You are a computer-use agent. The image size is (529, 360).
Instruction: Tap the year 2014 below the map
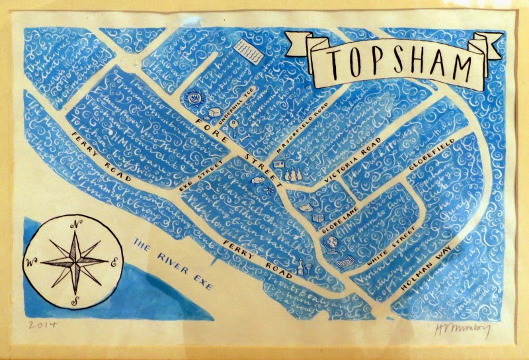point(42,325)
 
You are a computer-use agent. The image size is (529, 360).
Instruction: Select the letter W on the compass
point(29,261)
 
